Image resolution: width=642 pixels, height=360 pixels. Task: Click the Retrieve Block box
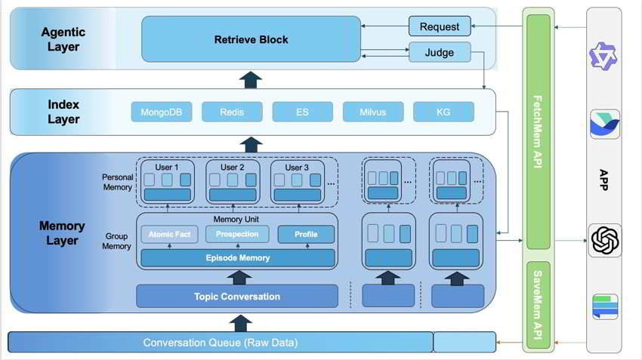pyautogui.click(x=250, y=39)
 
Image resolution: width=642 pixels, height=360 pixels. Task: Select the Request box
pyautogui.click(x=439, y=26)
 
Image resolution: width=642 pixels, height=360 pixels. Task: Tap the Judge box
pyautogui.click(x=439, y=52)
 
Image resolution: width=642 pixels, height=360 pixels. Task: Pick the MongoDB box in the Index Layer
pyautogui.click(x=162, y=112)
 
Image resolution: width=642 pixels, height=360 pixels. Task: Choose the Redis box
pyautogui.click(x=232, y=112)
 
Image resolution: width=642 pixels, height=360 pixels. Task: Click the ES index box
pyautogui.click(x=302, y=112)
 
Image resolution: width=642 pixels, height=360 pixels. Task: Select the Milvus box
pyautogui.click(x=373, y=112)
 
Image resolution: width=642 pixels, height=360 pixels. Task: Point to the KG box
pyautogui.click(x=443, y=112)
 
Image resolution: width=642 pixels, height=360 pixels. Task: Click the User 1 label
pyautogui.click(x=168, y=168)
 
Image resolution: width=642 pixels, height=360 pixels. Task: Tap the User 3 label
pyautogui.click(x=297, y=168)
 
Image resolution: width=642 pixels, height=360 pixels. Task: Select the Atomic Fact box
pyautogui.click(x=168, y=234)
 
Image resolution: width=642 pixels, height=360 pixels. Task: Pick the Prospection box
pyautogui.click(x=236, y=234)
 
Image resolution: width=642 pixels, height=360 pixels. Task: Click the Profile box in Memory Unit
pyautogui.click(x=306, y=234)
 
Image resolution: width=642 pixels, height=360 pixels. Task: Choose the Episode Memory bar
pyautogui.click(x=236, y=258)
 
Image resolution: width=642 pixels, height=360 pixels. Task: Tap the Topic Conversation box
pyautogui.click(x=236, y=297)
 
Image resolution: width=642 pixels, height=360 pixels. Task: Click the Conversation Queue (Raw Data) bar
pyautogui.click(x=221, y=343)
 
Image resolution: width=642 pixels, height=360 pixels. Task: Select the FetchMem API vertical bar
pyautogui.click(x=538, y=132)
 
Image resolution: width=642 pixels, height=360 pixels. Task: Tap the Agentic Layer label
pyautogui.click(x=63, y=39)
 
